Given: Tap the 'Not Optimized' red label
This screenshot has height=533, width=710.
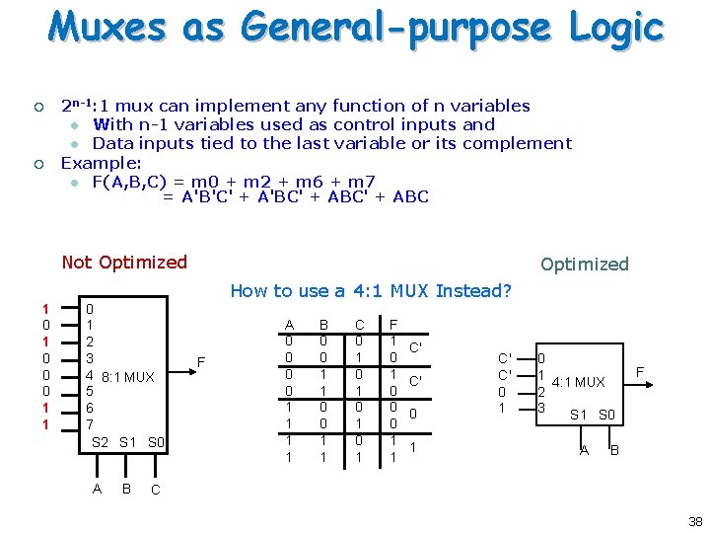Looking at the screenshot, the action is pos(124,262).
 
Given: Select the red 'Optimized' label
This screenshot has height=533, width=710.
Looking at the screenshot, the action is pos(584,264).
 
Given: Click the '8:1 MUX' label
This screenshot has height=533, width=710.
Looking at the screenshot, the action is pos(127,376).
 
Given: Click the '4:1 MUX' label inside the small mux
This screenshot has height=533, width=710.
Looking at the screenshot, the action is pos(578,381).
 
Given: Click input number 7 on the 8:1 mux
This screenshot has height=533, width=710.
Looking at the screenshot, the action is pos(91,423).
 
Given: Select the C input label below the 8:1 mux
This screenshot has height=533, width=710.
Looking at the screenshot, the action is pos(156,490).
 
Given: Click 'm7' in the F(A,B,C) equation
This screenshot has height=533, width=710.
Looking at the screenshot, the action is pos(362,181).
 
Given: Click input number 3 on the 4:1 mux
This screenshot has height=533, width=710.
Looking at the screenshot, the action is pos(539,408).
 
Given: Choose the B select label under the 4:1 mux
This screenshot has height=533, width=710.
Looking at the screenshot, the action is pos(614,451).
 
